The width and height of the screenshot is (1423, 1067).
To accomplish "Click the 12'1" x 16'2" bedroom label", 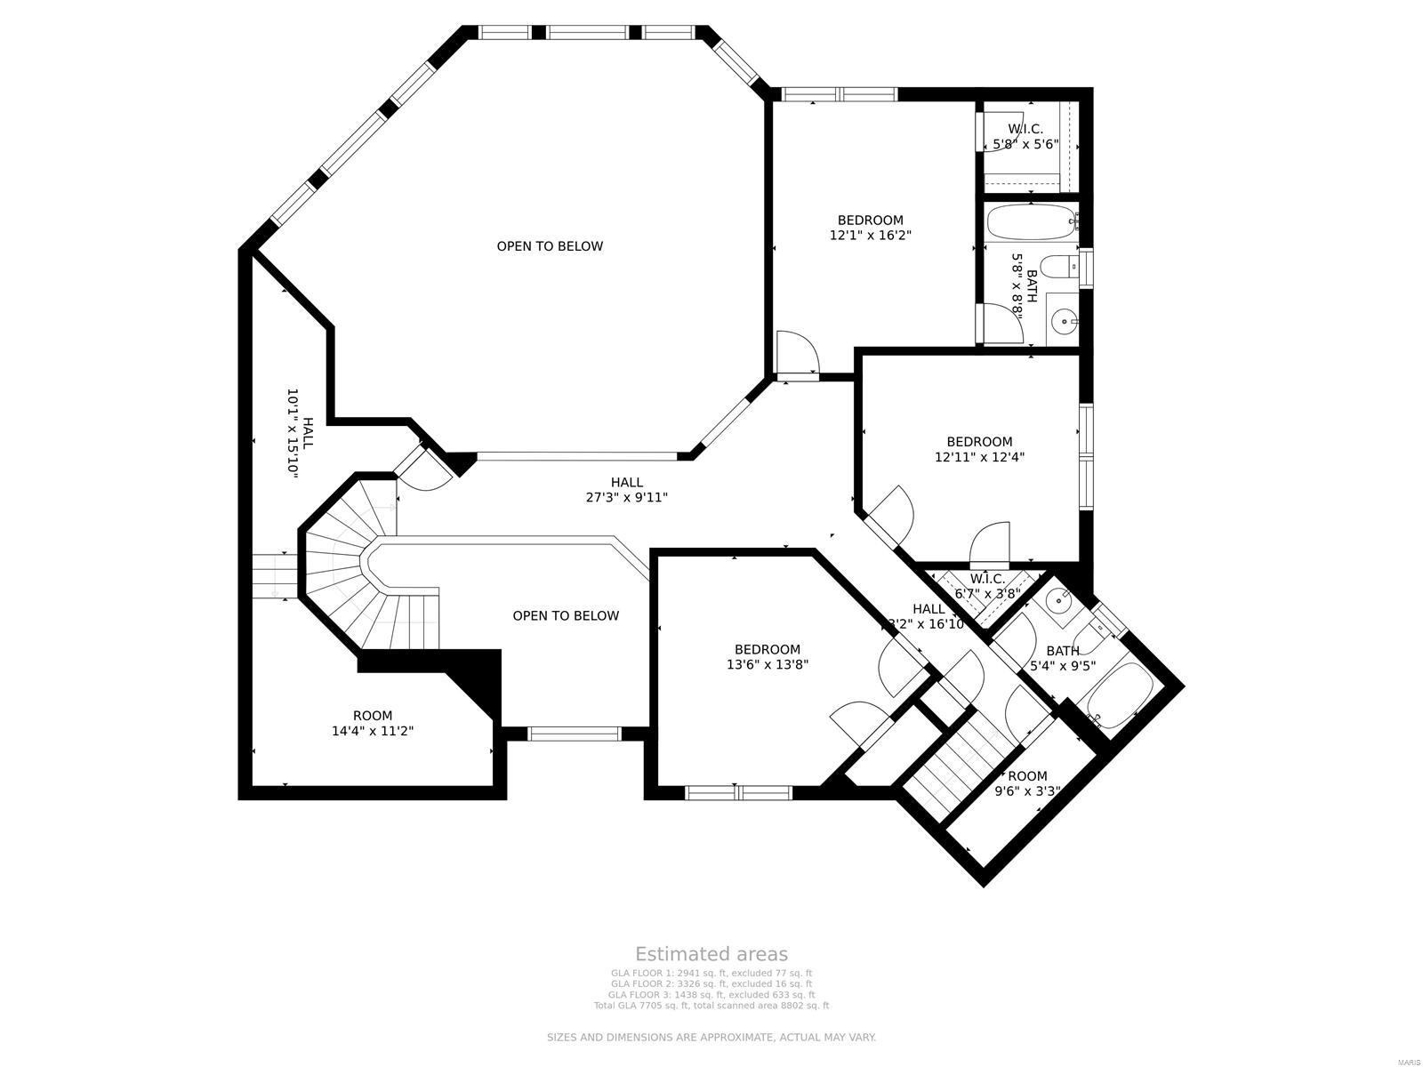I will [x=870, y=228].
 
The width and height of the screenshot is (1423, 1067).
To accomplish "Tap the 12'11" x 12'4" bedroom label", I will [x=979, y=449].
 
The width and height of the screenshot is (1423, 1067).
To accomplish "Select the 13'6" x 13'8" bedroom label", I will [x=767, y=656].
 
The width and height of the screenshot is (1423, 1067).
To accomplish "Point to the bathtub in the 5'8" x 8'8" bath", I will [x=1031, y=222].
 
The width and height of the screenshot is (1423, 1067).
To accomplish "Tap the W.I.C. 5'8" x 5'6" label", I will [x=1025, y=136].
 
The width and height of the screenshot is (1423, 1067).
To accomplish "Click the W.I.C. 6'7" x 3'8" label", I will [x=987, y=586].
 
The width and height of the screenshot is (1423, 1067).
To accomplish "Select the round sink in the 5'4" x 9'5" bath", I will [x=1057, y=599].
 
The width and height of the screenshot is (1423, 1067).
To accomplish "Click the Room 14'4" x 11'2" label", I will [x=372, y=723].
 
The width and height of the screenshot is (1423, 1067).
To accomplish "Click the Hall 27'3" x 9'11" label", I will [x=626, y=490].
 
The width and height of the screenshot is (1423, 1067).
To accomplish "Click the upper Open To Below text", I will [x=549, y=246].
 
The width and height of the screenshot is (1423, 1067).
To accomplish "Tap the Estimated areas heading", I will [x=711, y=954].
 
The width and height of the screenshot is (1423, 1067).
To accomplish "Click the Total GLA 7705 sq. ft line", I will [x=711, y=1006].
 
